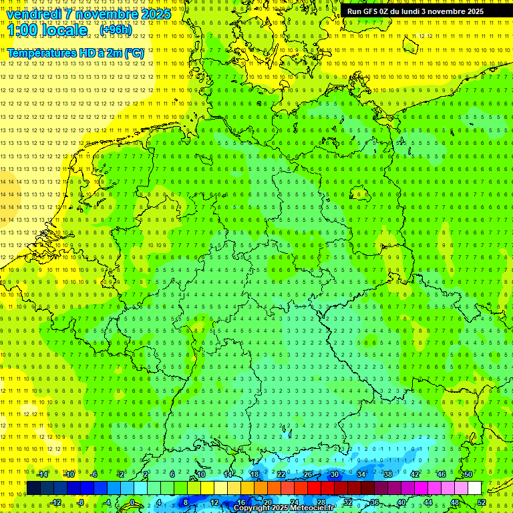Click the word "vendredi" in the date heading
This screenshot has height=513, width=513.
[34, 14]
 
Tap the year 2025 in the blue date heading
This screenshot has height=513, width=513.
[152, 14]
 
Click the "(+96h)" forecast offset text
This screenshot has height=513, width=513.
[116, 30]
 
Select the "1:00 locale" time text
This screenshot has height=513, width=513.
[47, 30]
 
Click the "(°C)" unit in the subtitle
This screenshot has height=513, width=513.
[134, 53]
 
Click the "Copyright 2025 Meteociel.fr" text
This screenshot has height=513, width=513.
[284, 508]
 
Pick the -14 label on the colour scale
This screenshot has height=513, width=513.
[43, 474]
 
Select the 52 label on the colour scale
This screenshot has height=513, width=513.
[482, 502]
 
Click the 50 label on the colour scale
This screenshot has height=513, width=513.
[468, 474]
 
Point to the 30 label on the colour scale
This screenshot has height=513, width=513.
[334, 474]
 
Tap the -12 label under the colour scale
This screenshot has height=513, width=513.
[56, 502]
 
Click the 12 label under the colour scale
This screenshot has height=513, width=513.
[214, 502]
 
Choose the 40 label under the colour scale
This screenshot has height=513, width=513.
[401, 502]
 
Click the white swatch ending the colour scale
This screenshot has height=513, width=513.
[475, 488]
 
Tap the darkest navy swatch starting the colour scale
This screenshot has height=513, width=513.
[33, 488]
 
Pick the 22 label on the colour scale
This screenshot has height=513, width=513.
[281, 474]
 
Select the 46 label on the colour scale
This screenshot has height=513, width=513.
[442, 474]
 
